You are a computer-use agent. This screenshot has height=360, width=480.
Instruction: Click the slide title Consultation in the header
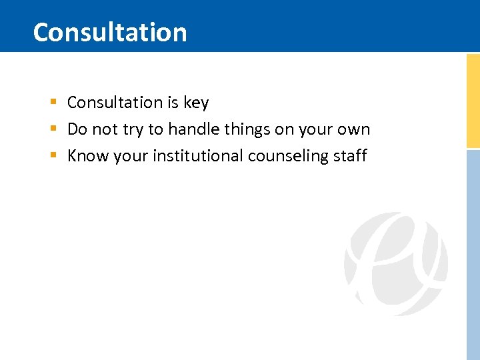click(x=110, y=32)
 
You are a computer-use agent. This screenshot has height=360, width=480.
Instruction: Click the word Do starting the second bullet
click(x=77, y=129)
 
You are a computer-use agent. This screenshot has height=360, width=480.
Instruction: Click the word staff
click(x=351, y=156)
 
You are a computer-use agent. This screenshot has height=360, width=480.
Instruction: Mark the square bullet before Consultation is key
click(x=53, y=103)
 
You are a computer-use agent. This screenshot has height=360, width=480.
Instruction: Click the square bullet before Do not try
click(x=53, y=129)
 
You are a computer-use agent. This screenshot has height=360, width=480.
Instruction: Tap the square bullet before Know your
click(x=53, y=156)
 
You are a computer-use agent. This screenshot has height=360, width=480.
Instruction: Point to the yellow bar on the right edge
click(x=473, y=100)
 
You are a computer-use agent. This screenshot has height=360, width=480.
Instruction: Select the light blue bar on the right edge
click(x=473, y=253)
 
